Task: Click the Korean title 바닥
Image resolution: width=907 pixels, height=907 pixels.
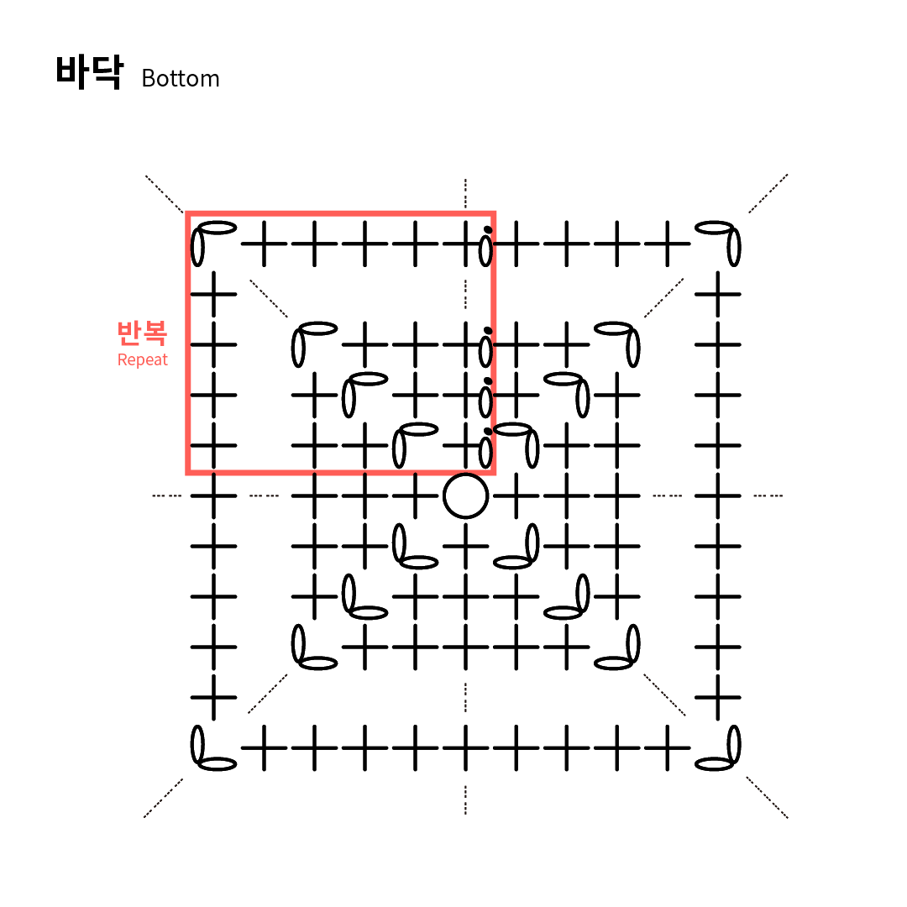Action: [88, 72]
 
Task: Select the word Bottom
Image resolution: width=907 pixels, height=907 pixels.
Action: [181, 79]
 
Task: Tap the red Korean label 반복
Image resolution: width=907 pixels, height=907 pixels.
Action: [142, 333]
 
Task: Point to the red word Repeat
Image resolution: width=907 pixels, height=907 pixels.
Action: [142, 360]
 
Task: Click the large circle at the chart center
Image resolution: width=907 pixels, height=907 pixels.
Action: [465, 495]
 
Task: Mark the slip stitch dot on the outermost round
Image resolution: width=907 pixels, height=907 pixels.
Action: [488, 228]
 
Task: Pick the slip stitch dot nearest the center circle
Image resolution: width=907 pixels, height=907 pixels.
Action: [488, 432]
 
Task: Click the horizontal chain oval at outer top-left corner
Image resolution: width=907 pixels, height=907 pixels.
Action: [217, 228]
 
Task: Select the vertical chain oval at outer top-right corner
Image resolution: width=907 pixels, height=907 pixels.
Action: [734, 247]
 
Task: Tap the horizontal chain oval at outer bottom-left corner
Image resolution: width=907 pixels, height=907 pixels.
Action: [217, 764]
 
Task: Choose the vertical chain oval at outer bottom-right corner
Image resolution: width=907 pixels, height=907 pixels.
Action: [734, 745]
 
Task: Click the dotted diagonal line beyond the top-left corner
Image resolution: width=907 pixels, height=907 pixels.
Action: [165, 194]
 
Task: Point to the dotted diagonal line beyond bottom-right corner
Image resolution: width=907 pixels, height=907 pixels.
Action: [767, 797]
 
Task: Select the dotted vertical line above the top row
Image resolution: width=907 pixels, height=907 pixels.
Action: [465, 193]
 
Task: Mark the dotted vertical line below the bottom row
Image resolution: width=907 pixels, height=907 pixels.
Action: [465, 800]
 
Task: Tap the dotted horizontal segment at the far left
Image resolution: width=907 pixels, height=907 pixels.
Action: [166, 495]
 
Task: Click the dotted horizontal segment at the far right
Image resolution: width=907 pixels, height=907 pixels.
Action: [768, 495]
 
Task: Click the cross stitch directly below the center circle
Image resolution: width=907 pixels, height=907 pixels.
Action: [465, 546]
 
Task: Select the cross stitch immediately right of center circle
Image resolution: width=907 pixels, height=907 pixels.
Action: [516, 495]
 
